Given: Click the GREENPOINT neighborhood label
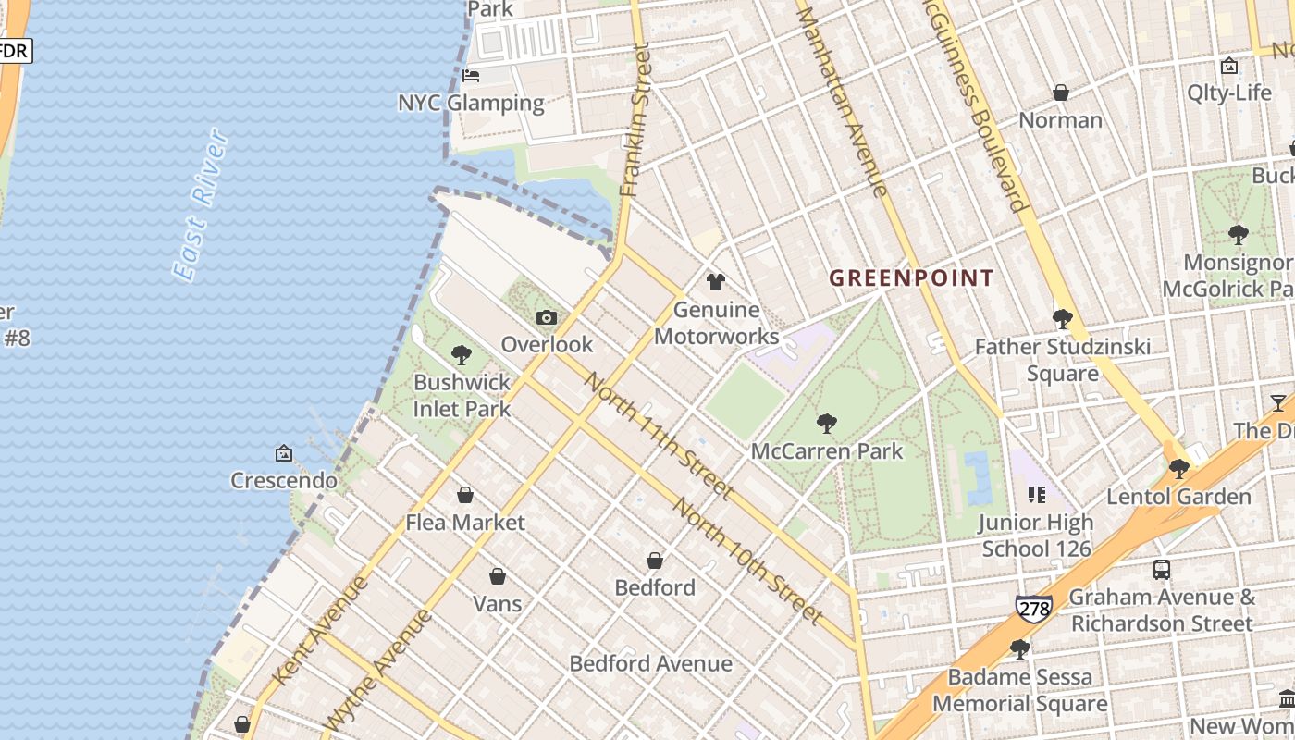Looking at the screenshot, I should click(x=911, y=277).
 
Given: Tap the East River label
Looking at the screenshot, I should click(x=201, y=205).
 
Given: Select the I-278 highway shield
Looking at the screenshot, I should click(x=1033, y=608).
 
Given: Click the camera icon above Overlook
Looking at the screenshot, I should click(x=547, y=318).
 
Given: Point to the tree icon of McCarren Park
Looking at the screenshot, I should click(x=827, y=424).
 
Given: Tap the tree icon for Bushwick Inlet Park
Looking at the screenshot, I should click(x=461, y=355).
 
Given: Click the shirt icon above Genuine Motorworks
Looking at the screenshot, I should click(x=715, y=282).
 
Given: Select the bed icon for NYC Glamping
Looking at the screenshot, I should click(x=471, y=76).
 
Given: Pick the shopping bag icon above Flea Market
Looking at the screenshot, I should click(x=465, y=496).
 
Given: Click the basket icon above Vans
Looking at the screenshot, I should click(x=498, y=577).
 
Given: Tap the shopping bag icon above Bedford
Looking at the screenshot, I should click(x=654, y=561).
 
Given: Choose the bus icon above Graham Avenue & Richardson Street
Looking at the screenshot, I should click(x=1162, y=570).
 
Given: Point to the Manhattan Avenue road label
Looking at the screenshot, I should click(x=843, y=102).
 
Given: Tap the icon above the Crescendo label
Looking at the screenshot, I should click(x=284, y=453).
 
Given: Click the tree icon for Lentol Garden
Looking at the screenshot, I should click(x=1178, y=469).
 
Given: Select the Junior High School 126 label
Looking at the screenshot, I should click(x=1036, y=536).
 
